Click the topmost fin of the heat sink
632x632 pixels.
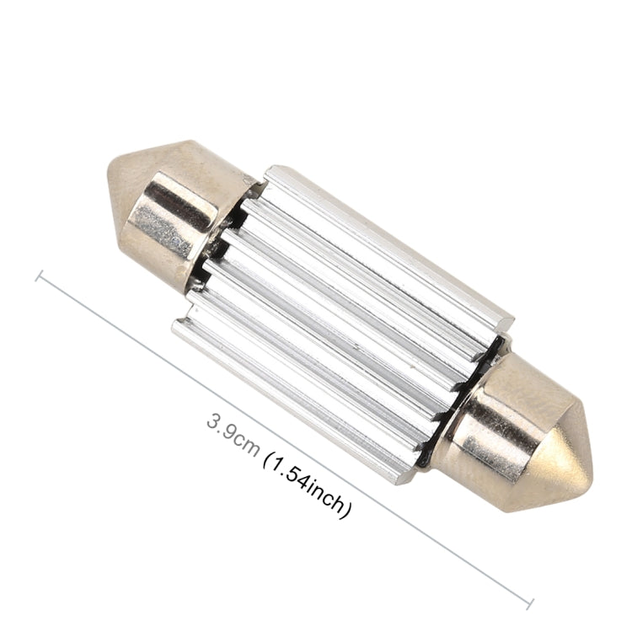388,244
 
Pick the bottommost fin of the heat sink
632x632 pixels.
295,404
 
